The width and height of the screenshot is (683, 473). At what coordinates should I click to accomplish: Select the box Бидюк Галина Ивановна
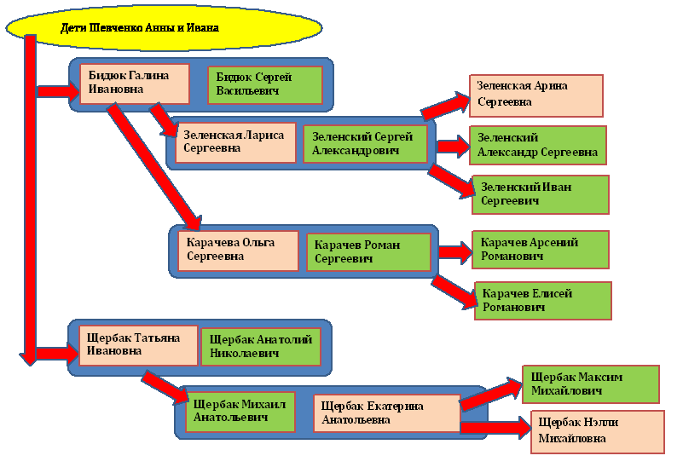[135, 82]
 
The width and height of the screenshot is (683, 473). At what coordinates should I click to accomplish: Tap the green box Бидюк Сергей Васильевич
[265, 84]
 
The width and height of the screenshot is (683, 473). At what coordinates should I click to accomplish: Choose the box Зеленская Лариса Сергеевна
[234, 143]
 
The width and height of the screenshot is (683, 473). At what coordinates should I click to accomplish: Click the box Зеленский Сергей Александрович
[364, 143]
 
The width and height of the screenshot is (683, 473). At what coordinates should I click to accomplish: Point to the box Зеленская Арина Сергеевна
[535, 95]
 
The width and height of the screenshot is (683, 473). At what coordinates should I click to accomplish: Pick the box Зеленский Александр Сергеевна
[537, 145]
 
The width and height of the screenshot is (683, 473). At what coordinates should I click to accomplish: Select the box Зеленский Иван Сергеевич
[541, 194]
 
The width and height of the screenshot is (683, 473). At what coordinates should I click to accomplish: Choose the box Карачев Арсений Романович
[541, 249]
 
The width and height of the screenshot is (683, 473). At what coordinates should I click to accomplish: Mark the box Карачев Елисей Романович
[543, 301]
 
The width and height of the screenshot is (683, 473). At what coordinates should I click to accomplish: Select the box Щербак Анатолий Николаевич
[261, 347]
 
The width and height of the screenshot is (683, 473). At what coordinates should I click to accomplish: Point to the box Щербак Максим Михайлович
[590, 384]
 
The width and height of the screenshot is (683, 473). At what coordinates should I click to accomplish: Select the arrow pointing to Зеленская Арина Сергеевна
[444, 105]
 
